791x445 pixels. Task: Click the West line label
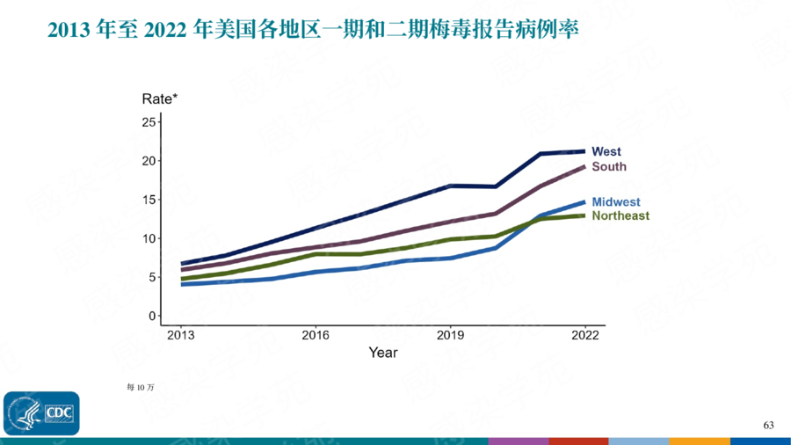tap(606, 152)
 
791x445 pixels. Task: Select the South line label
tap(609, 167)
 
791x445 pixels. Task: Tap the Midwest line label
tap(616, 202)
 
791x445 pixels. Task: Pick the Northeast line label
tap(620, 215)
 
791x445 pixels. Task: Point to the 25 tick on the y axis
tap(148, 121)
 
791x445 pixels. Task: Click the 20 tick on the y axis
tap(148, 161)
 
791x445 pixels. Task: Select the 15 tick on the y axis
tap(148, 200)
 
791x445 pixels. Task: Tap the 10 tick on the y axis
tap(148, 238)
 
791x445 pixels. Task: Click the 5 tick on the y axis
tap(151, 277)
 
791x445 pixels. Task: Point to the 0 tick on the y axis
tap(151, 316)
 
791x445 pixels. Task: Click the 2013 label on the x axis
tap(181, 335)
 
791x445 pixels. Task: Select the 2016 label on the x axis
tap(316, 335)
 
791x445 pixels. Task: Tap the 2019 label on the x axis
tap(451, 335)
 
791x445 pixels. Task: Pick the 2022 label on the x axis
tap(585, 335)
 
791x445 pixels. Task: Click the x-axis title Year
tap(382, 353)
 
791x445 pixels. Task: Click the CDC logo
tap(41, 413)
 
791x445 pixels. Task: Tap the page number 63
tap(768, 426)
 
